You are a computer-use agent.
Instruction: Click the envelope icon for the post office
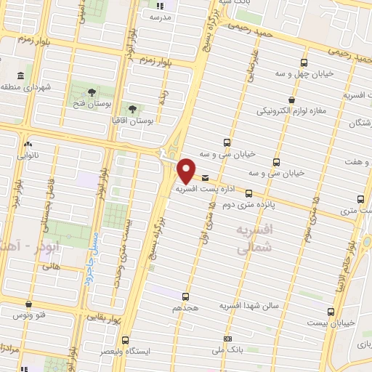206,178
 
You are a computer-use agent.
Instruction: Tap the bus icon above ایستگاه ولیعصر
126,339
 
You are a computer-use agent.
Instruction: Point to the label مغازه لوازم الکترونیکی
294,111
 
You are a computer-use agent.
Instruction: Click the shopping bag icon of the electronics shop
291,100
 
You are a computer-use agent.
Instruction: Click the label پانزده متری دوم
248,205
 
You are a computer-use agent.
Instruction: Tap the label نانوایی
28,155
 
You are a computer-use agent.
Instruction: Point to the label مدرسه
161,16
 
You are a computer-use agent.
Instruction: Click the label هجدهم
185,308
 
